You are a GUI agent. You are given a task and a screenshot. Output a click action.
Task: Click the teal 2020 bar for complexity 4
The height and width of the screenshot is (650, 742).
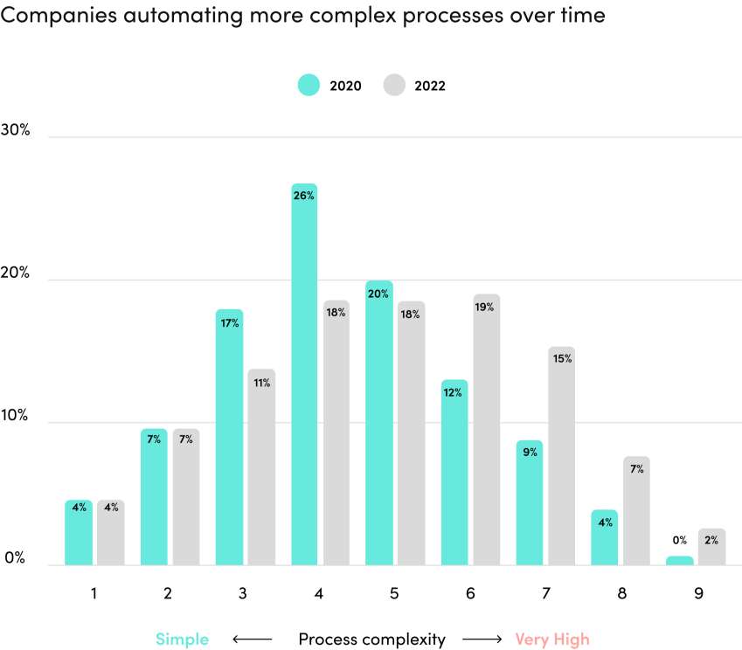tap(304, 376)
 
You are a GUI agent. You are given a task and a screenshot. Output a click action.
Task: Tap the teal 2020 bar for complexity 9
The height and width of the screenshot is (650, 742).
tap(679, 560)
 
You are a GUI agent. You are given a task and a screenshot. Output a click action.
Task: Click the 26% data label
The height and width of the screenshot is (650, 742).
tap(304, 196)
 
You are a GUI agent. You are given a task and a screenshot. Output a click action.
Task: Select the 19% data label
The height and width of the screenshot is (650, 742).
tap(486, 307)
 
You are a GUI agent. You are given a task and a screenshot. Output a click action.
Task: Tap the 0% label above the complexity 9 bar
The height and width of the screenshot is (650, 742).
tap(679, 541)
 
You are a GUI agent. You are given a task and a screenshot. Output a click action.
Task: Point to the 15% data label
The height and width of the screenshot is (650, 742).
tap(561, 359)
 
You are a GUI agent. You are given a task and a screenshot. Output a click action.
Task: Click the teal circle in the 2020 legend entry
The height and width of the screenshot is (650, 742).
tap(309, 85)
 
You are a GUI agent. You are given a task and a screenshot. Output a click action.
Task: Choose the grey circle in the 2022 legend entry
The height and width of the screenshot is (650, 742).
tap(394, 85)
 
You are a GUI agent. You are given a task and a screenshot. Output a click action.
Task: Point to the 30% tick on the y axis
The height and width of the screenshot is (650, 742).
tap(17, 130)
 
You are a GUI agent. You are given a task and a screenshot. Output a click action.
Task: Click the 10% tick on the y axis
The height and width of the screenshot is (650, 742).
tap(17, 416)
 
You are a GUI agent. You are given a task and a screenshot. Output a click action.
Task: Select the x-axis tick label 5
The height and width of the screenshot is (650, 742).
tap(394, 593)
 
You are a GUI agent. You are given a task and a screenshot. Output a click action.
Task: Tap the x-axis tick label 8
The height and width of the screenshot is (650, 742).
tap(622, 593)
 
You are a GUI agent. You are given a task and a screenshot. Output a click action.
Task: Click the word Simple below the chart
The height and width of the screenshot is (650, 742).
tap(182, 640)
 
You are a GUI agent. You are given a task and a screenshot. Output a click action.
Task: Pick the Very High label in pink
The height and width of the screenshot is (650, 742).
tap(551, 640)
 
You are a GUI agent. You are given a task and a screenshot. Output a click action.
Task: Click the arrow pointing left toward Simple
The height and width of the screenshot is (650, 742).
tap(252, 640)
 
